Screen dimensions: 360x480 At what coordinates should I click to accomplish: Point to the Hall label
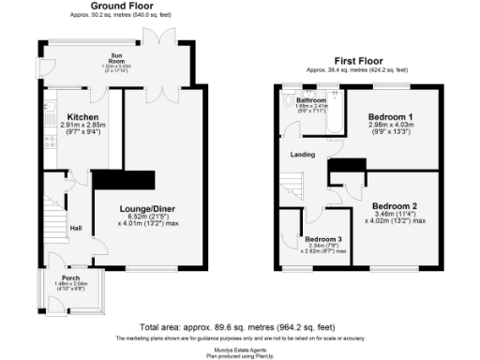click(x=76, y=228)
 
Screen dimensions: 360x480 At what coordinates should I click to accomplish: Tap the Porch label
click(x=70, y=278)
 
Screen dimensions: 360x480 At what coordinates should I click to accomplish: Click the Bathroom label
click(x=311, y=99)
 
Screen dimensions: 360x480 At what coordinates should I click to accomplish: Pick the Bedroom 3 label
click(x=322, y=239)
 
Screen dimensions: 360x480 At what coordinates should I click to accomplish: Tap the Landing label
click(x=302, y=156)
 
